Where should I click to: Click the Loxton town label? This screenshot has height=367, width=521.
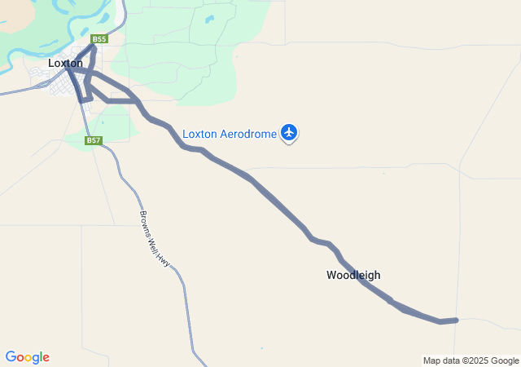[x=65, y=63]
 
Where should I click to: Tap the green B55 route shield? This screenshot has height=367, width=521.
[x=99, y=39]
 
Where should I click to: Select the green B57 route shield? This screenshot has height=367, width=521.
[x=94, y=140]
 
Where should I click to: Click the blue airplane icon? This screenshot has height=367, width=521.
[x=289, y=131]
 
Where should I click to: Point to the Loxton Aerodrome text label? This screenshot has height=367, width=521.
[x=230, y=134]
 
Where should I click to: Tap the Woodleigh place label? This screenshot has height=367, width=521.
[x=353, y=275]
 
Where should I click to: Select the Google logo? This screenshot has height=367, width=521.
[x=27, y=357]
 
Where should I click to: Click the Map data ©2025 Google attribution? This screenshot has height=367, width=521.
[x=471, y=360]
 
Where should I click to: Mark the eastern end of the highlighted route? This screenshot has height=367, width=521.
[x=457, y=320]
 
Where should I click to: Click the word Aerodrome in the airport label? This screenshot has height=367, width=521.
[x=247, y=134]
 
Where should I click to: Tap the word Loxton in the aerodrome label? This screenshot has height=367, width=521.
[x=199, y=134]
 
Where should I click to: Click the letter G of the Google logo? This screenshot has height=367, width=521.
[x=10, y=357]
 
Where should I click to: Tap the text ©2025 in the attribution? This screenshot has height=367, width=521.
[x=477, y=360]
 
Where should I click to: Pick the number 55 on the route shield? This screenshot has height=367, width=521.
[x=102, y=39]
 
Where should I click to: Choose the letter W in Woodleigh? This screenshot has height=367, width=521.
[x=331, y=275]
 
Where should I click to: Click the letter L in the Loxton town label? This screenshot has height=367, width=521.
[x=51, y=63]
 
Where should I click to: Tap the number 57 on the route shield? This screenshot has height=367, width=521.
[x=97, y=140]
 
